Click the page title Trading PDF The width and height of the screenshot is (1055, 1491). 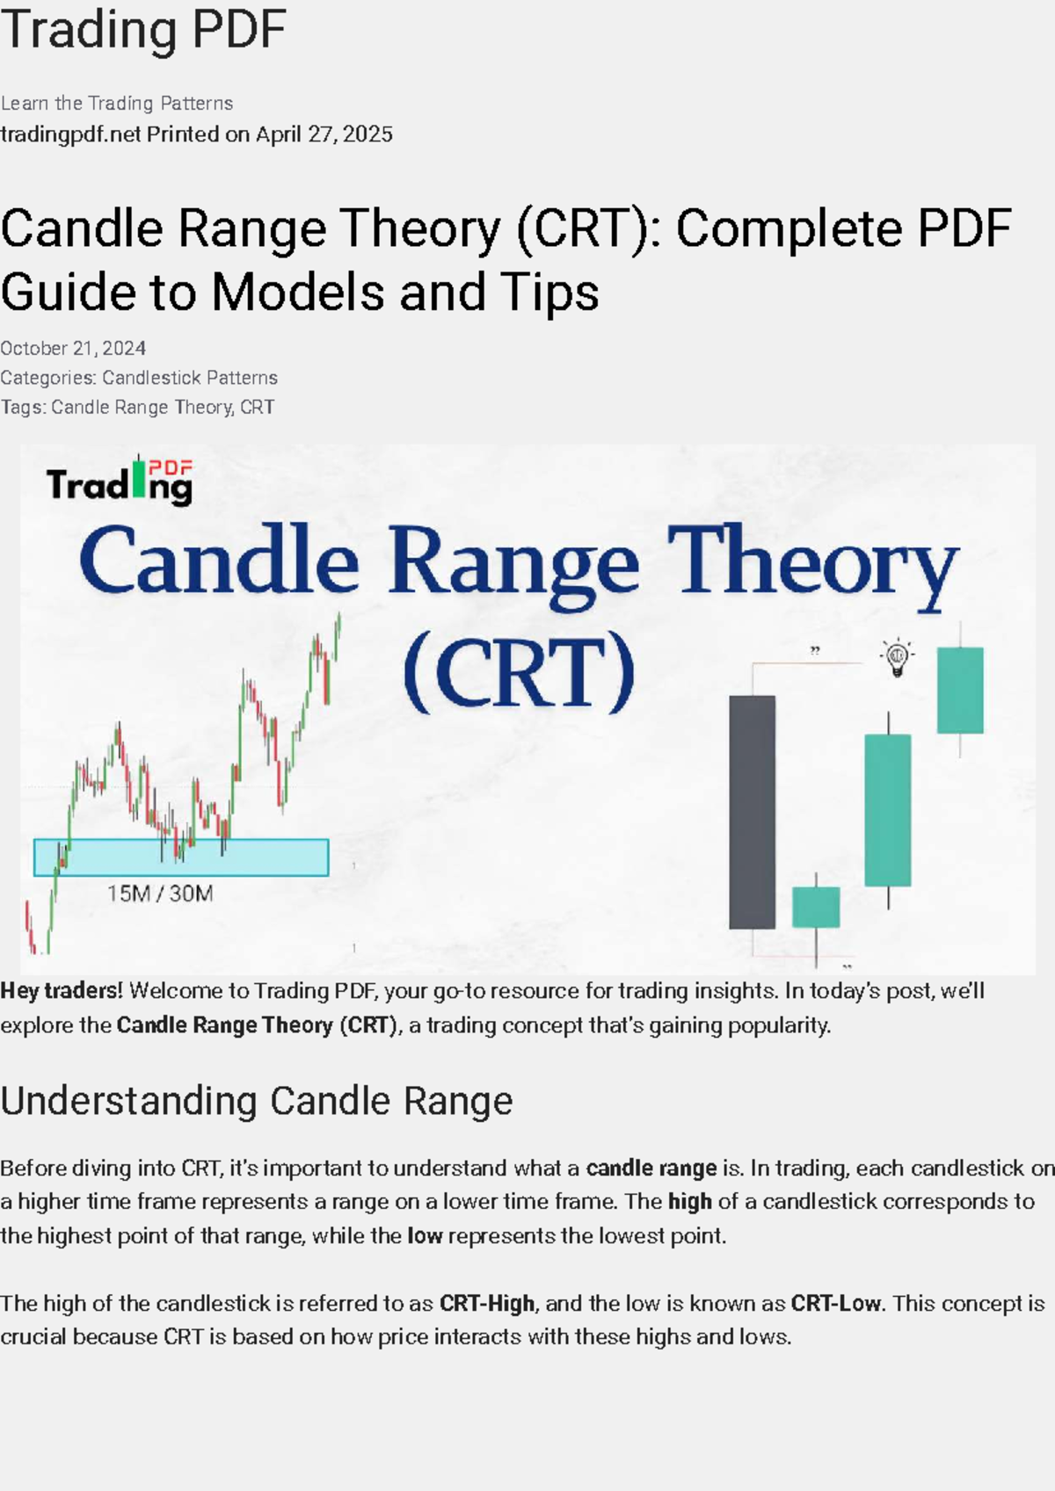point(143,30)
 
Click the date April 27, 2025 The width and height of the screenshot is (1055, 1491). point(324,134)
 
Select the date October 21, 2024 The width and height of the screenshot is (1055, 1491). point(73,348)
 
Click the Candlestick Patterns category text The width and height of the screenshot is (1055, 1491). point(189,378)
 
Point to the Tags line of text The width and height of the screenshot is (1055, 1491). point(137,407)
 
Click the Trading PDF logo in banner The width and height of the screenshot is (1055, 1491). point(120,481)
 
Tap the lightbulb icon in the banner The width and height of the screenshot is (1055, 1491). point(897,657)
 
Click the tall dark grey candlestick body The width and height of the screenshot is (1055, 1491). point(752,811)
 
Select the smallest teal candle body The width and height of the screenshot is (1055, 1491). point(815,907)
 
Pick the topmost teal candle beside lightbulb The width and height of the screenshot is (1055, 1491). point(959,690)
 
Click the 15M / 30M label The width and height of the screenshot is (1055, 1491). point(160,894)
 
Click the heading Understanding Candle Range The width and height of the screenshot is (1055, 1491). point(256,1101)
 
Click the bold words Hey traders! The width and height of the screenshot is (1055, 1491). point(61,991)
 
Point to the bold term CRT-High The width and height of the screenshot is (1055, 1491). point(486,1303)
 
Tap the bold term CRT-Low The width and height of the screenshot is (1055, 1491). point(835,1303)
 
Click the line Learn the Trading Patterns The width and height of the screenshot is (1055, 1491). point(117,104)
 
